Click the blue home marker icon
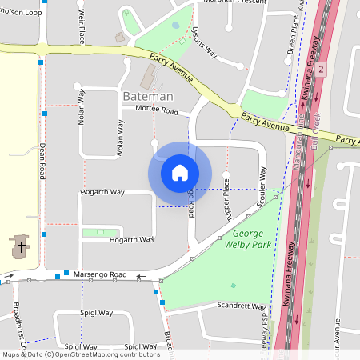180,173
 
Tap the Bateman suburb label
148,96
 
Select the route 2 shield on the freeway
321,70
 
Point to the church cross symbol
20,245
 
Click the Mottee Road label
156,110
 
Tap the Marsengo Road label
100,274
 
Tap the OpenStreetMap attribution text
80,354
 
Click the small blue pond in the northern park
176,25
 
